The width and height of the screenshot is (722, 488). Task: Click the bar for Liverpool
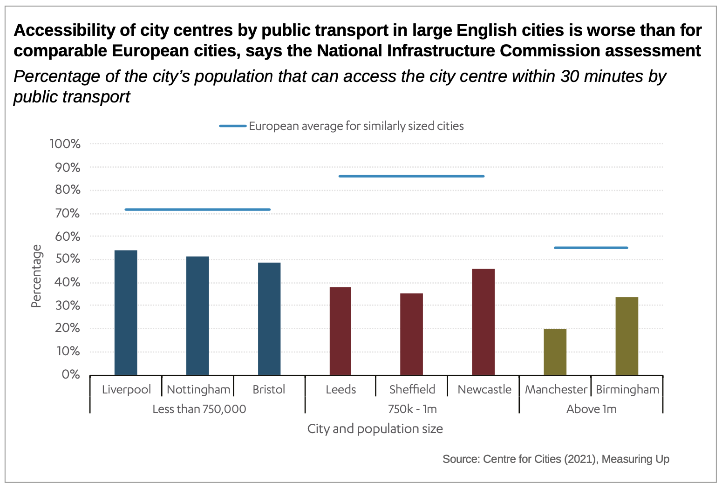[x=126, y=312]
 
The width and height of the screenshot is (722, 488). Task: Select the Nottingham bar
[x=198, y=316]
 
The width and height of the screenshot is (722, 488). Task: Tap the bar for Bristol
[x=269, y=319]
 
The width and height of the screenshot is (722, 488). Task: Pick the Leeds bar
[x=341, y=331]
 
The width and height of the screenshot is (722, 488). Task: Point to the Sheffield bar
[x=412, y=334]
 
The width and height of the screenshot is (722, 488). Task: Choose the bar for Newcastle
[x=484, y=322]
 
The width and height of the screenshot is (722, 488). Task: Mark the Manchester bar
[x=555, y=352]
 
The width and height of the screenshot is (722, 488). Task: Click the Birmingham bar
[x=627, y=336]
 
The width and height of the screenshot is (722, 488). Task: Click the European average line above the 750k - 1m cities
[x=411, y=176]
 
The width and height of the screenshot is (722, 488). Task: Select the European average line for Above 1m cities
[x=591, y=248]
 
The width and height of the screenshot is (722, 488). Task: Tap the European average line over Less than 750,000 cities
[x=198, y=210]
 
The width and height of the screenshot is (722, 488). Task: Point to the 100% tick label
[x=65, y=144]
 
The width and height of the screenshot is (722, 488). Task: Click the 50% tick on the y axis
[x=68, y=259]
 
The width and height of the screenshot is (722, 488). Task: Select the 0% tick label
[x=71, y=374]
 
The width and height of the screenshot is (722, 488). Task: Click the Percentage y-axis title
[x=36, y=276]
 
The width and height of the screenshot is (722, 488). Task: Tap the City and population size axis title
[x=375, y=429]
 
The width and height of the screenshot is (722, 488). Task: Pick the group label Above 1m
[x=591, y=409]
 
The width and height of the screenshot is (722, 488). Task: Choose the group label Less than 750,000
[x=199, y=409]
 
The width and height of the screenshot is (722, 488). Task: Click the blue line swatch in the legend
[x=233, y=126]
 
